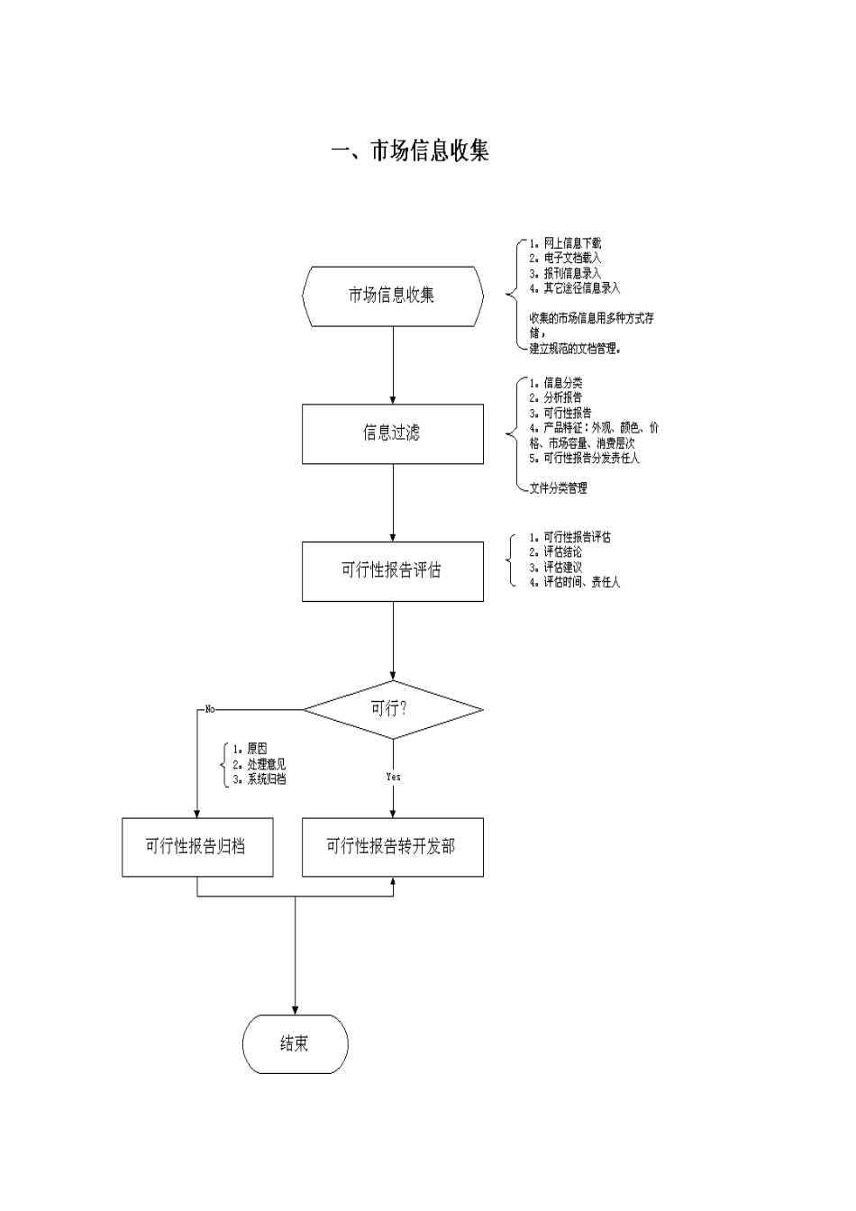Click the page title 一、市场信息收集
(x=410, y=151)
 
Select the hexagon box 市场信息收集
(x=393, y=296)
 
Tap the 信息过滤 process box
(x=393, y=433)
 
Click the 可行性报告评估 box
(x=393, y=570)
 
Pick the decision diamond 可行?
(x=393, y=709)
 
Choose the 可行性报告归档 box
(x=197, y=847)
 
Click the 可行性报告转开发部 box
(x=393, y=847)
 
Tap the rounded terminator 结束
(x=295, y=1043)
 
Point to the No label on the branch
(x=210, y=709)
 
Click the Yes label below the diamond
(x=393, y=777)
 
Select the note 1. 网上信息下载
(x=566, y=243)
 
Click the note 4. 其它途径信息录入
(x=575, y=288)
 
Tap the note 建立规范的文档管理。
(x=575, y=349)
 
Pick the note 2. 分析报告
(x=556, y=397)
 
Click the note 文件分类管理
(x=558, y=488)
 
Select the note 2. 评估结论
(x=556, y=552)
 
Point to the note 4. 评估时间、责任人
(x=575, y=582)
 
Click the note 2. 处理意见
(x=260, y=764)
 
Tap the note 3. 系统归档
(x=260, y=779)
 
